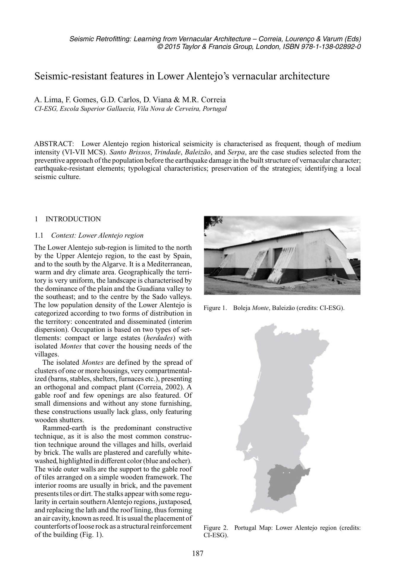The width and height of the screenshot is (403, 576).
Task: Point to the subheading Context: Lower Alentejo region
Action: coord(97,236)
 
